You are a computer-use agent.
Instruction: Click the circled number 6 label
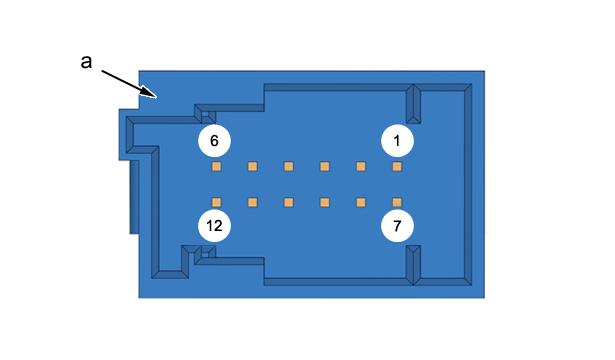point(214,141)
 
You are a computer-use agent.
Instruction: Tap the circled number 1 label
point(397,141)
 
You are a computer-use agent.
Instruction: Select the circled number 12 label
point(214,226)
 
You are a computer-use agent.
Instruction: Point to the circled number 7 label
point(397,226)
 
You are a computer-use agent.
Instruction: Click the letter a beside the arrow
point(86,62)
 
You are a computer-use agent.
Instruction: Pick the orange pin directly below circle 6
point(217,167)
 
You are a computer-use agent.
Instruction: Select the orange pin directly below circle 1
point(397,167)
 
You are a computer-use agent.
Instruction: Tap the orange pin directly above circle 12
point(217,202)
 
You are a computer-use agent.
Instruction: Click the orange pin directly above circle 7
point(397,202)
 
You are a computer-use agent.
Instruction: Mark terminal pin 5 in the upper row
point(253,167)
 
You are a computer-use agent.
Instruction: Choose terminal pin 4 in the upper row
point(289,167)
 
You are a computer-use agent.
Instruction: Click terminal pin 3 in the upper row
point(325,167)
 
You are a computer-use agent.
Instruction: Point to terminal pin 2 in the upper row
point(361,167)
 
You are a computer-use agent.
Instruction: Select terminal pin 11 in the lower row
point(253,202)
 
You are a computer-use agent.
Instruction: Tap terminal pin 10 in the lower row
point(289,202)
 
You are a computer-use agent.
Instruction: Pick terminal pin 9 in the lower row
point(325,202)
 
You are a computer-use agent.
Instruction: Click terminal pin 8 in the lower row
point(361,202)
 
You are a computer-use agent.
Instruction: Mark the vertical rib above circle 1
point(413,104)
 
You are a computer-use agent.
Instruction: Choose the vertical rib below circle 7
point(413,265)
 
